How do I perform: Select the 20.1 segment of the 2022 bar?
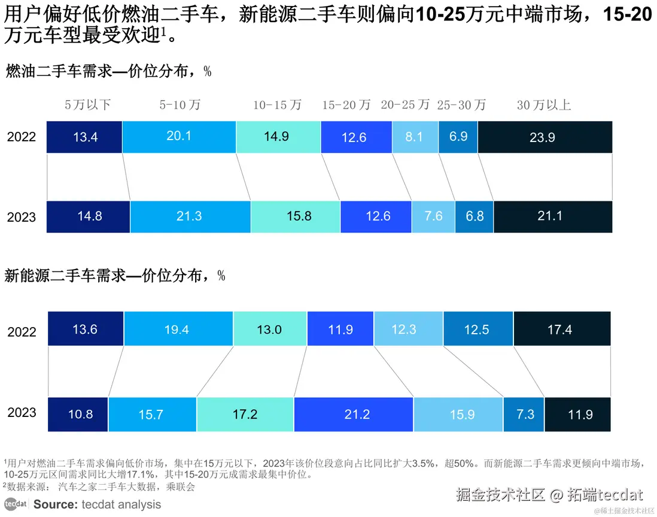coord(179,137)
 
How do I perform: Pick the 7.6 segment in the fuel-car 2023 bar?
coord(433,216)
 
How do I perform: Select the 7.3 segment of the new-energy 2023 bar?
coord(524,414)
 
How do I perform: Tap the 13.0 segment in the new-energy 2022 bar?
coord(270,328)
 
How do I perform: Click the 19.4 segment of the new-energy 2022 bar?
coord(178,328)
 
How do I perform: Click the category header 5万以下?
coord(88,105)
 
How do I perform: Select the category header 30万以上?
coord(544,105)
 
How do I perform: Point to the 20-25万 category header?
coord(405,105)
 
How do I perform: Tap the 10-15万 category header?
coord(277,105)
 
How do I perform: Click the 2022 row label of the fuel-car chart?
coord(22,137)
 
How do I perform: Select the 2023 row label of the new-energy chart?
coord(22,413)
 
